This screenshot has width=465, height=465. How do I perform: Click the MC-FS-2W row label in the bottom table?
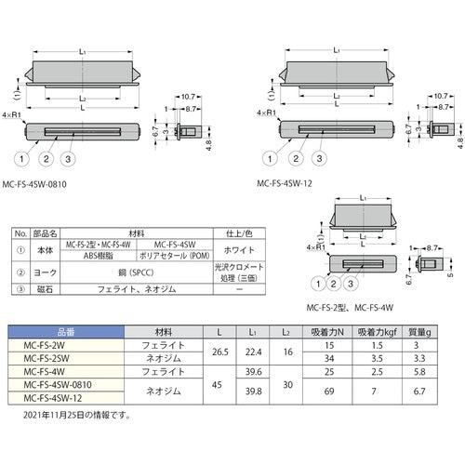coord(53,343)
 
